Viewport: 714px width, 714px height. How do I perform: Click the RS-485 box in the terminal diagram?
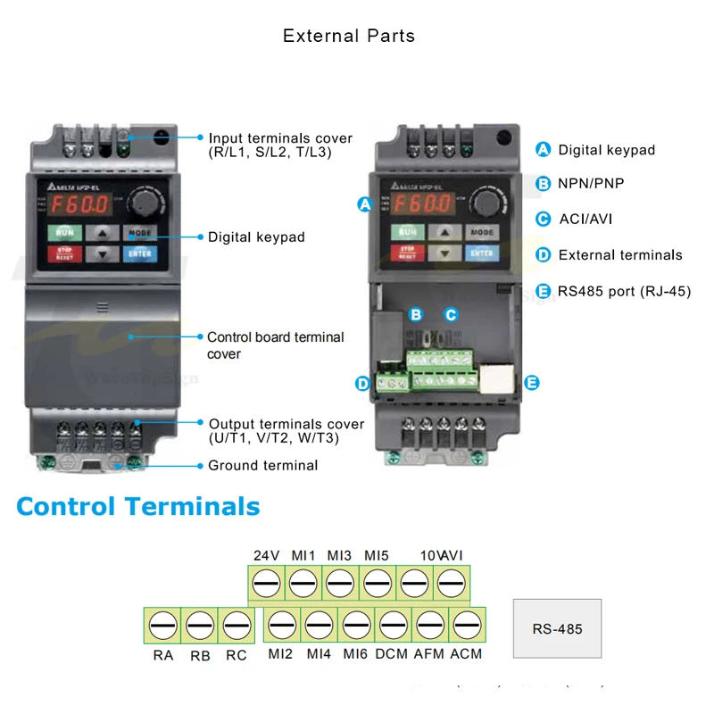(557, 628)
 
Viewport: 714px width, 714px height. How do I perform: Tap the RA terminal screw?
(162, 625)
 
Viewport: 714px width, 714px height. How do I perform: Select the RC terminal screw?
(236, 625)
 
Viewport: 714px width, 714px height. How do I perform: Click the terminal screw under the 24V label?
(266, 584)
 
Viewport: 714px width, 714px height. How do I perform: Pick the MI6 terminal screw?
(356, 625)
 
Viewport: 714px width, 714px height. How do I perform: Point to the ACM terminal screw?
(467, 625)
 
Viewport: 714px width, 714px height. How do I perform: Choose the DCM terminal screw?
(393, 625)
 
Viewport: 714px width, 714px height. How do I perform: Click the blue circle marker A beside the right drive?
(364, 204)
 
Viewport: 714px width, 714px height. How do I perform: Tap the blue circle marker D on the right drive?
(362, 384)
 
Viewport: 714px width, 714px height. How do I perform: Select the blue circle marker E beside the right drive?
(532, 383)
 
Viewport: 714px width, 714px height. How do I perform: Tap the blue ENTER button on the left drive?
(140, 253)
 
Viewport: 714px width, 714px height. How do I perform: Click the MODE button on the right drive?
(481, 232)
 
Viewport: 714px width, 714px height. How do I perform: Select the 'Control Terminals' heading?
(138, 506)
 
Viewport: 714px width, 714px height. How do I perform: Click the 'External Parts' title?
(349, 37)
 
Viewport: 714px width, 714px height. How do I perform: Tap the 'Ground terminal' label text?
(262, 465)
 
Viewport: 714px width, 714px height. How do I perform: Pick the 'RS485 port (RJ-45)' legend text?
(625, 290)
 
